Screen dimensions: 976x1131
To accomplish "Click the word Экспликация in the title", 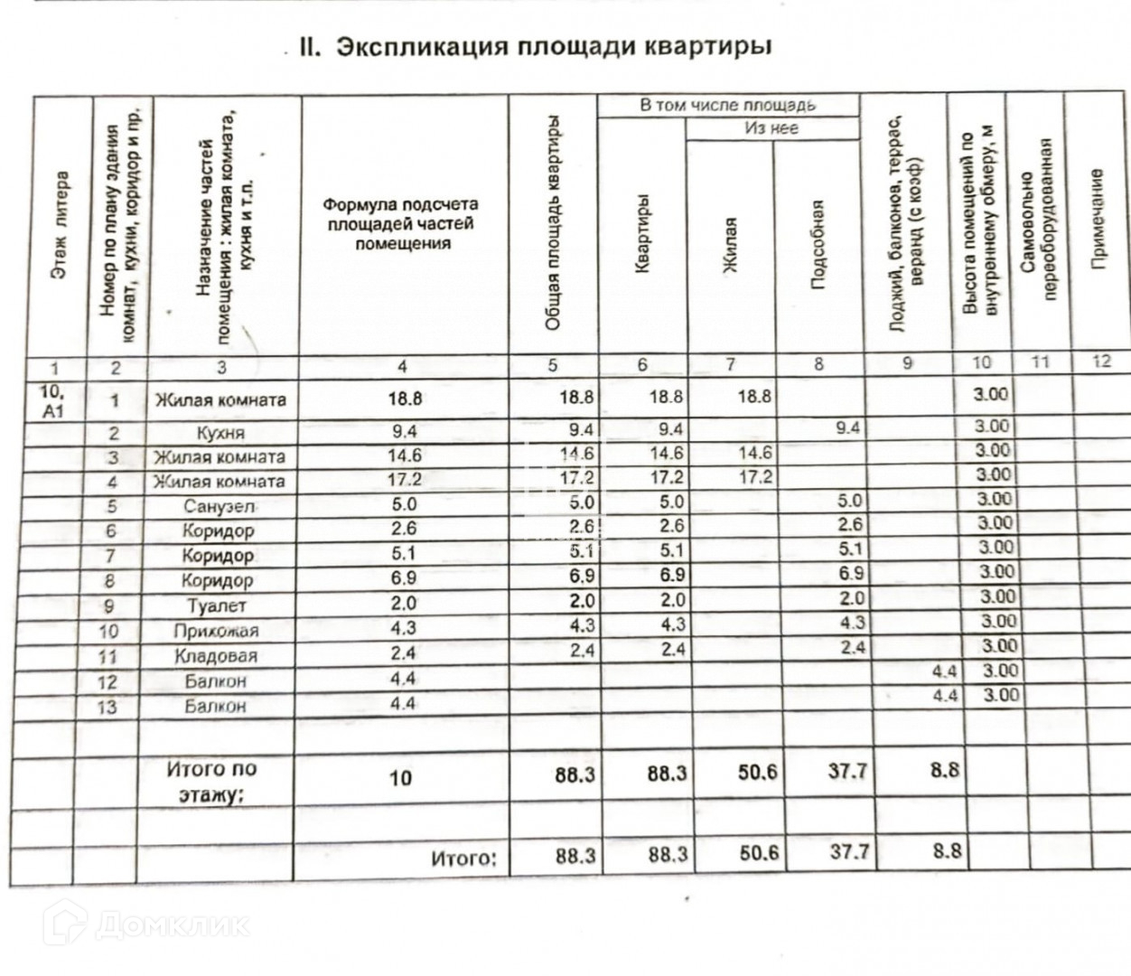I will pyautogui.click(x=419, y=47).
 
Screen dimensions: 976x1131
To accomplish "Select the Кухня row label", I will pyautogui.click(x=220, y=433).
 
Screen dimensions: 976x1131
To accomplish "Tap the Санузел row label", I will pyautogui.click(x=219, y=506).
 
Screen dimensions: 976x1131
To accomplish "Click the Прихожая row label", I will pyautogui.click(x=217, y=631).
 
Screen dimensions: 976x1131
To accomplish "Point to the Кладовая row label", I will pyautogui.click(x=216, y=656).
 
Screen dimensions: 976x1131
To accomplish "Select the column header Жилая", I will pyautogui.click(x=730, y=244).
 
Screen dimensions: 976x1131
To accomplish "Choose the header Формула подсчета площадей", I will pyautogui.click(x=402, y=224).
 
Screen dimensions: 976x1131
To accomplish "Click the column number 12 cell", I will pyautogui.click(x=1100, y=361).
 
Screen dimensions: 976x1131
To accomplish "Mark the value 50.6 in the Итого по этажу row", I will pyautogui.click(x=758, y=774).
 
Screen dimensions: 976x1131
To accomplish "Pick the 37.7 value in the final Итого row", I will pyautogui.click(x=849, y=851).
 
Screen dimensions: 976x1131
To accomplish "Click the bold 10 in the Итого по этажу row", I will pyautogui.click(x=401, y=777).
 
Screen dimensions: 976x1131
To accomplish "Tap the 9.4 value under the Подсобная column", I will pyautogui.click(x=847, y=428).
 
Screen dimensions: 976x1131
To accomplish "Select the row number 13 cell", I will pyautogui.click(x=107, y=707).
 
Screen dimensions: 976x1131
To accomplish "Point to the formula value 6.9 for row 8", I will pyautogui.click(x=403, y=577).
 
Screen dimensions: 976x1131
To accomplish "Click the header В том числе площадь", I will pyautogui.click(x=728, y=106).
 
